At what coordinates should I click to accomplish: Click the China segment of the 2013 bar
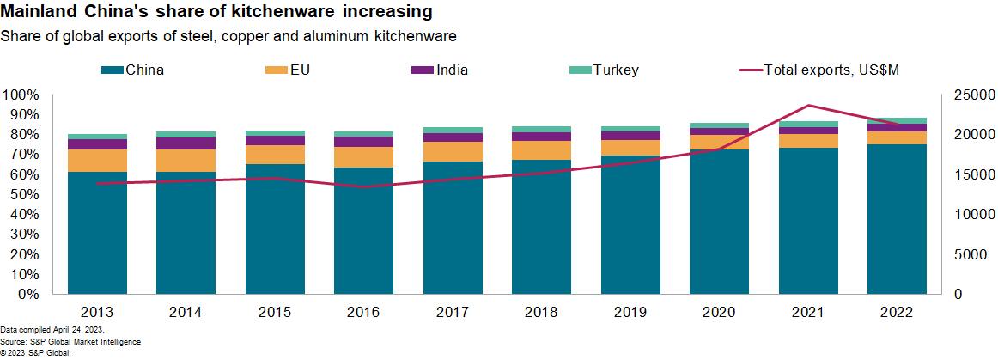pos(97,232)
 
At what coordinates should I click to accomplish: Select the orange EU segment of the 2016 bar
pos(364,157)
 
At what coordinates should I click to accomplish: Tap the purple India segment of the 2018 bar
pos(542,137)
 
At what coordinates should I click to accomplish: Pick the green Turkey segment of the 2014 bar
pos(186,134)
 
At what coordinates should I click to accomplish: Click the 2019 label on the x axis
pos(630,311)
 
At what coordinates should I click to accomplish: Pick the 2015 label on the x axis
pos(275,311)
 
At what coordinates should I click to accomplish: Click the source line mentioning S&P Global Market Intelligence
pos(70,342)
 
